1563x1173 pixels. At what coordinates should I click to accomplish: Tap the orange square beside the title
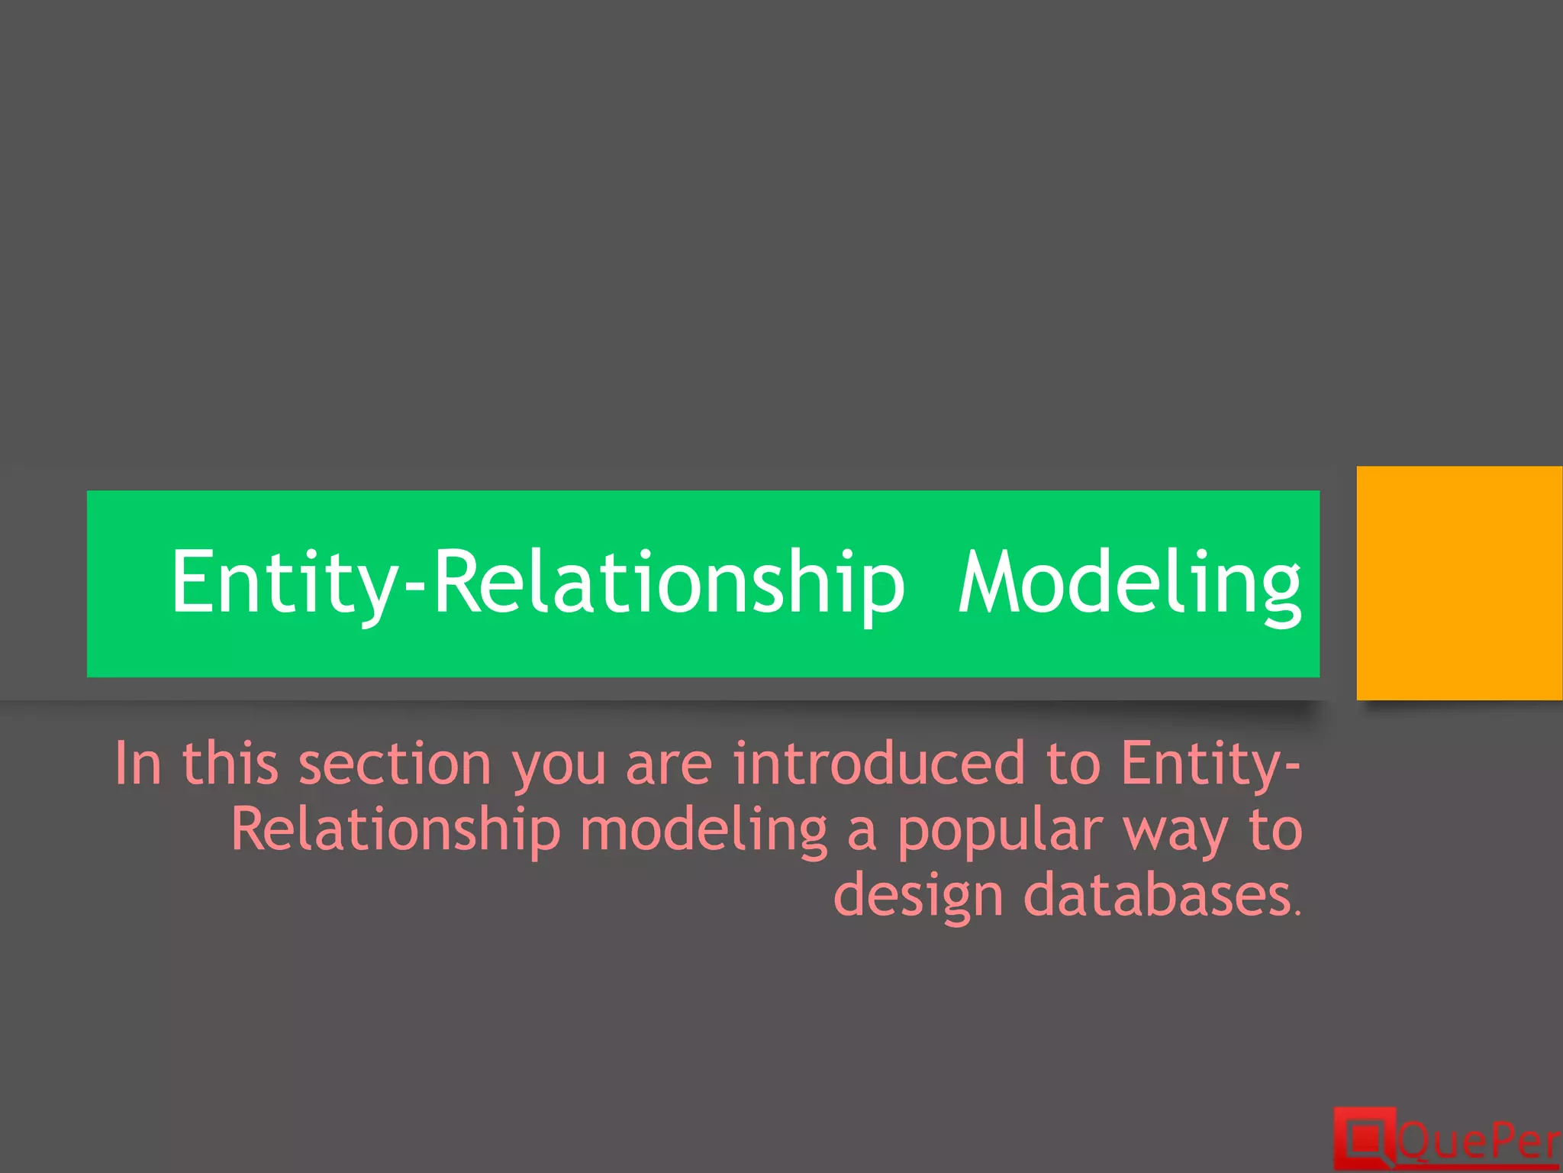(1459, 583)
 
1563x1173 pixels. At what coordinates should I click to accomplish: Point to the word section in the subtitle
(395, 764)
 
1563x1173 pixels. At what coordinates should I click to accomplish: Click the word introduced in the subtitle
(878, 764)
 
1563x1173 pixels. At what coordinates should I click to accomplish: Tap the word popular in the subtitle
(1000, 830)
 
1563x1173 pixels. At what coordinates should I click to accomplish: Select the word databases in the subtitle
(1156, 896)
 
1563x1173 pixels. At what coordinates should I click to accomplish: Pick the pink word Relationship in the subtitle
(395, 830)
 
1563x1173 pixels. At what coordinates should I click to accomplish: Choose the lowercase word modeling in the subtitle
(703, 832)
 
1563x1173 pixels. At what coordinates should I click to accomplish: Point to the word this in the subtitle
(230, 764)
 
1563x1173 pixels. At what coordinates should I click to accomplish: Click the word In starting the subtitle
(138, 764)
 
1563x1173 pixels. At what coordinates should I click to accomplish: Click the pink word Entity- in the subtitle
(1210, 764)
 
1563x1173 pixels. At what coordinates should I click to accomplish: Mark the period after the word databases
(1298, 913)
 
